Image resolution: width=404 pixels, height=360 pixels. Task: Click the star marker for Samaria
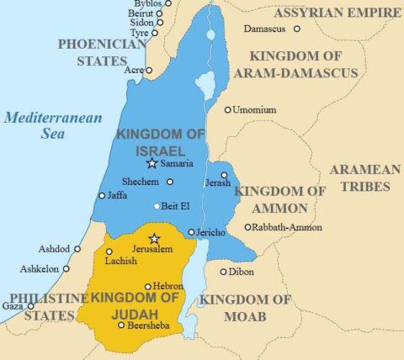point(151,163)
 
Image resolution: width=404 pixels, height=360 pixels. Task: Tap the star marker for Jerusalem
point(153,239)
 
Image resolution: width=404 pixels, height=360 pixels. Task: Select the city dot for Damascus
point(296,29)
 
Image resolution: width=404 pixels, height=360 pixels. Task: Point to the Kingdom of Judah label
point(136,305)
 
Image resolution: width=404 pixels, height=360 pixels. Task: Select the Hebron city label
point(167,286)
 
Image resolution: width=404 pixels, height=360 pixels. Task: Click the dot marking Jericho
point(192,232)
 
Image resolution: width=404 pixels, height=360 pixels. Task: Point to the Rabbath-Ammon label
point(282,227)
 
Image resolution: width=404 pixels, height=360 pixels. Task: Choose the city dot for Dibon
point(223,272)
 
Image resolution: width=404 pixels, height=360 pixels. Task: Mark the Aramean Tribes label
point(364,177)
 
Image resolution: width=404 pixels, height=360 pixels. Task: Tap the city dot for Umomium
point(227,109)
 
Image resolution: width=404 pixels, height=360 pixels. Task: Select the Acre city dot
point(149,70)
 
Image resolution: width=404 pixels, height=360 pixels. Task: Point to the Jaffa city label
point(117,196)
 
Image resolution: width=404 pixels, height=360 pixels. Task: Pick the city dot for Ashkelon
point(65,268)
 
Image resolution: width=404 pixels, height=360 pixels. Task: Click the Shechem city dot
point(170,181)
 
